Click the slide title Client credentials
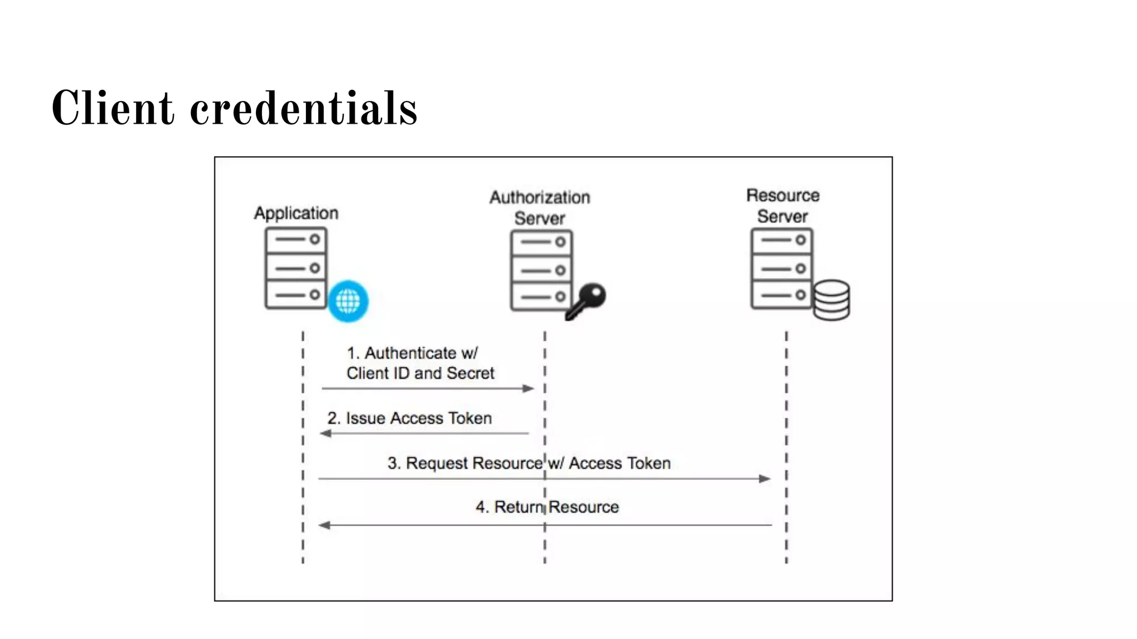pyautogui.click(x=234, y=109)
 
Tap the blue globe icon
pyautogui.click(x=348, y=301)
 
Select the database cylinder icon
pyautogui.click(x=831, y=300)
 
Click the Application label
pyautogui.click(x=296, y=213)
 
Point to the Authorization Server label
pyautogui.click(x=540, y=207)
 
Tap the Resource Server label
pyautogui.click(x=782, y=206)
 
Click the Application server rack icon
pyautogui.click(x=296, y=268)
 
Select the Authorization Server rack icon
pyautogui.click(x=541, y=270)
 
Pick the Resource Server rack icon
pyautogui.click(x=782, y=268)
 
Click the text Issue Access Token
pyautogui.click(x=419, y=418)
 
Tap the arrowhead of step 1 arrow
pyautogui.click(x=529, y=388)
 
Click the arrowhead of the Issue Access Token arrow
pyautogui.click(x=326, y=433)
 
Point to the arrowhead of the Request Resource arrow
pyautogui.click(x=764, y=478)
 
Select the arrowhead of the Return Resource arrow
pyautogui.click(x=324, y=525)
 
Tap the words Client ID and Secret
pyautogui.click(x=420, y=373)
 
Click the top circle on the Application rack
pyautogui.click(x=315, y=239)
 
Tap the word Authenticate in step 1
pyautogui.click(x=410, y=353)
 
